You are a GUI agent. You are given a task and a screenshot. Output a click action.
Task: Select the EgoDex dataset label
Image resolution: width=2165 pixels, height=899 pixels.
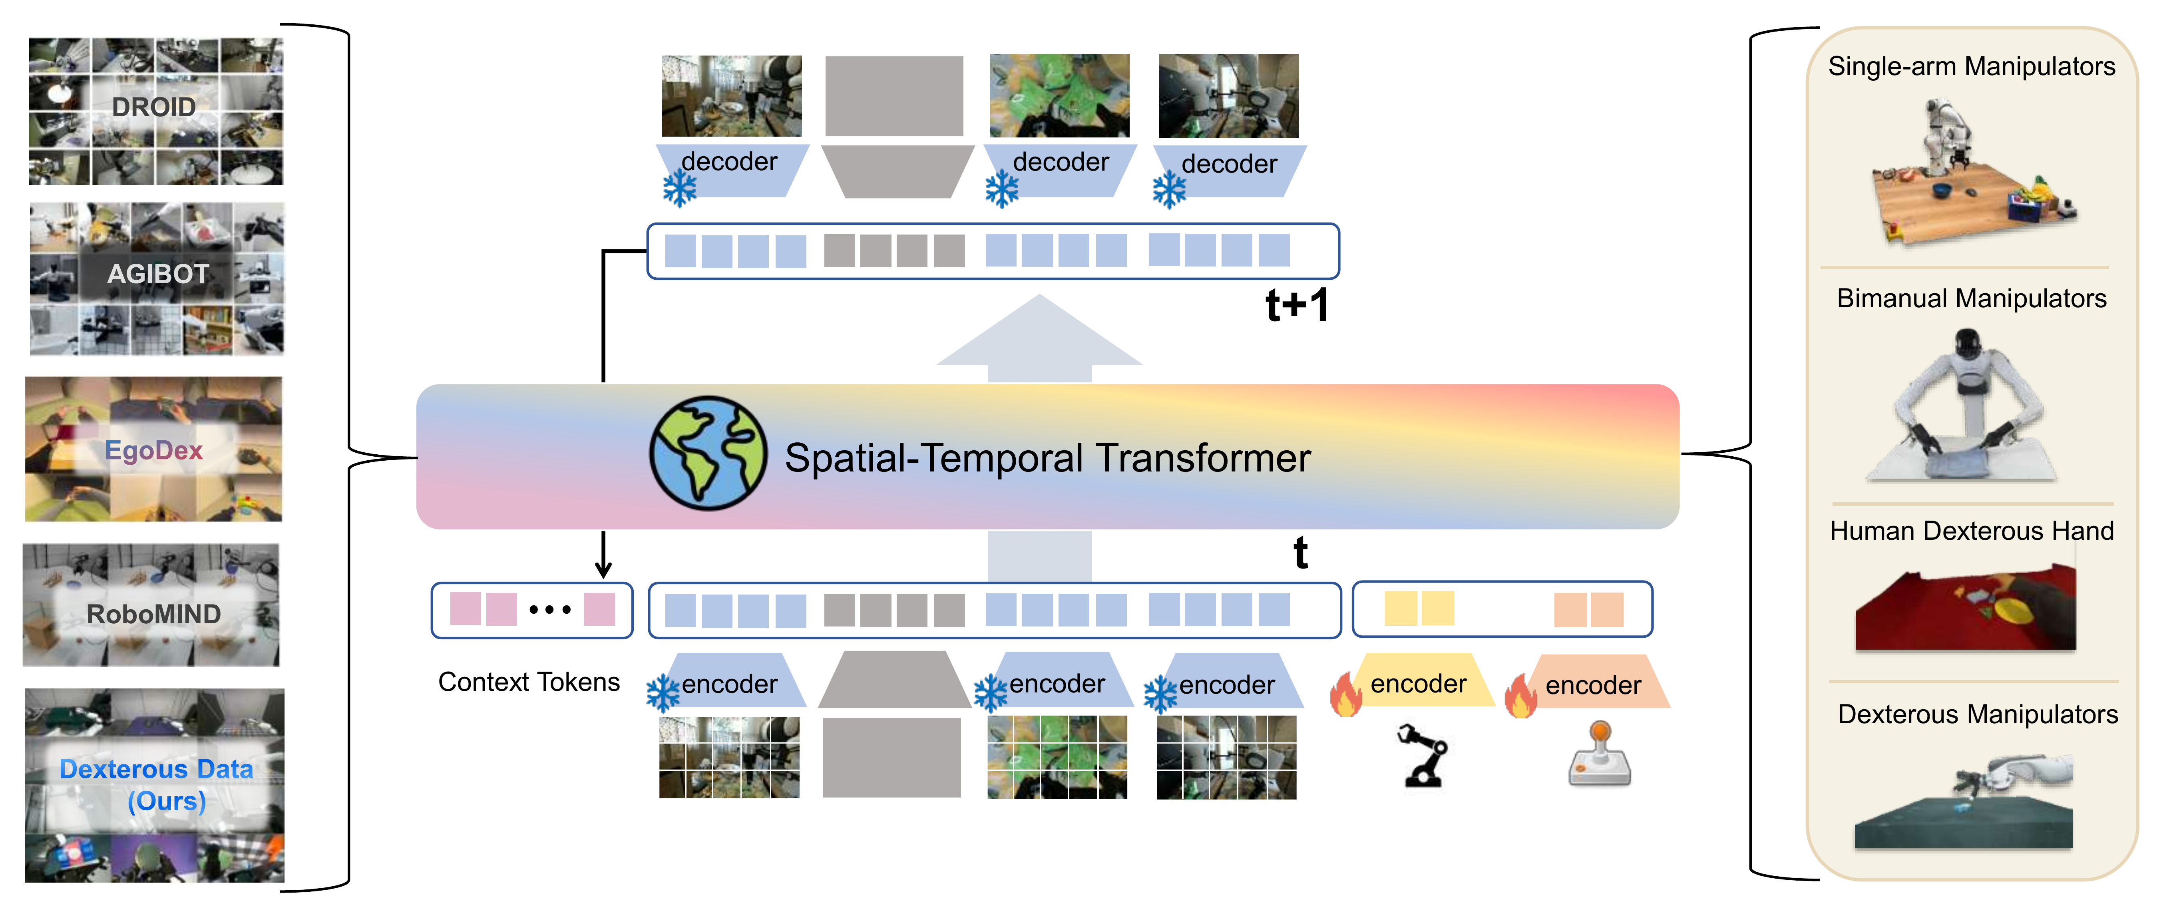click(154, 450)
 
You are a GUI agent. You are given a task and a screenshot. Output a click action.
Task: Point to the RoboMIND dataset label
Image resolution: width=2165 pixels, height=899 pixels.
click(154, 614)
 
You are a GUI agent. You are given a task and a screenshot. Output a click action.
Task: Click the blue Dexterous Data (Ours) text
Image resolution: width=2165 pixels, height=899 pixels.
click(156, 785)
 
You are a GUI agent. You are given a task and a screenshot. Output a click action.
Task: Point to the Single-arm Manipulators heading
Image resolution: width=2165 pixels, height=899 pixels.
click(1971, 66)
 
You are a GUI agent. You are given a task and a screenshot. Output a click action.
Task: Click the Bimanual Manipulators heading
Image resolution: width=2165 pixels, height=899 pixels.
click(1971, 298)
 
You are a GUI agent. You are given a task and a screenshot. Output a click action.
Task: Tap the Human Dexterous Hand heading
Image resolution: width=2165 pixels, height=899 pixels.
click(1971, 531)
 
